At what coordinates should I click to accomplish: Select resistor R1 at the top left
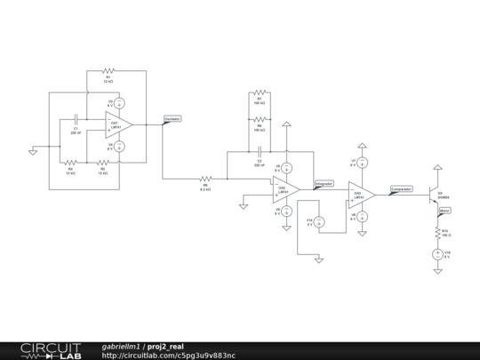(x=108, y=70)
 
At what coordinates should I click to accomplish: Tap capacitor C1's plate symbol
(x=76, y=118)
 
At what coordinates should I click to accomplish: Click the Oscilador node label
(x=172, y=118)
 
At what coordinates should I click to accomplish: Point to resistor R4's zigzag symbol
(x=70, y=162)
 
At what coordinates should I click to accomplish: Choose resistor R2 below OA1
(x=103, y=162)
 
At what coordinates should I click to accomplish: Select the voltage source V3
(x=121, y=103)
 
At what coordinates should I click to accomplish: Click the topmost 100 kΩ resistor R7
(x=259, y=92)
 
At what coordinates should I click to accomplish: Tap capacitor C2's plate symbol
(x=259, y=154)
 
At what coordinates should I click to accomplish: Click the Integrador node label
(x=324, y=184)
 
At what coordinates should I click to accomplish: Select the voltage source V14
(x=319, y=221)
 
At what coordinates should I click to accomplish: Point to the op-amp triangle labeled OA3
(x=362, y=195)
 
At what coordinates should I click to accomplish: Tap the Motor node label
(x=445, y=211)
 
